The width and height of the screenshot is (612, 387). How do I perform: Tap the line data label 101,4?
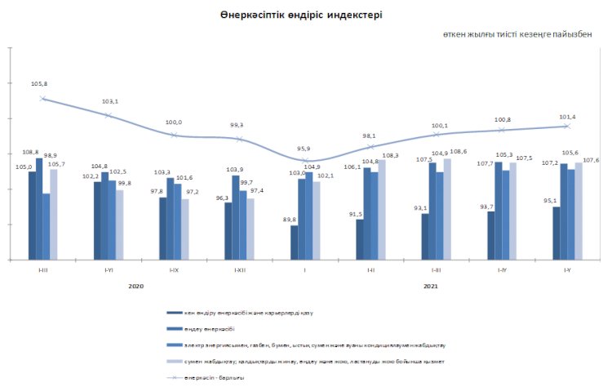[566, 117]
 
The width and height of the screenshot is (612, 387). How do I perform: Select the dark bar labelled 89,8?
[294, 242]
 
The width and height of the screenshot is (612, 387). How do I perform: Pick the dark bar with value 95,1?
[557, 234]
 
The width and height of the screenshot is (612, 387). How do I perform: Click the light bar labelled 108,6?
[447, 209]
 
